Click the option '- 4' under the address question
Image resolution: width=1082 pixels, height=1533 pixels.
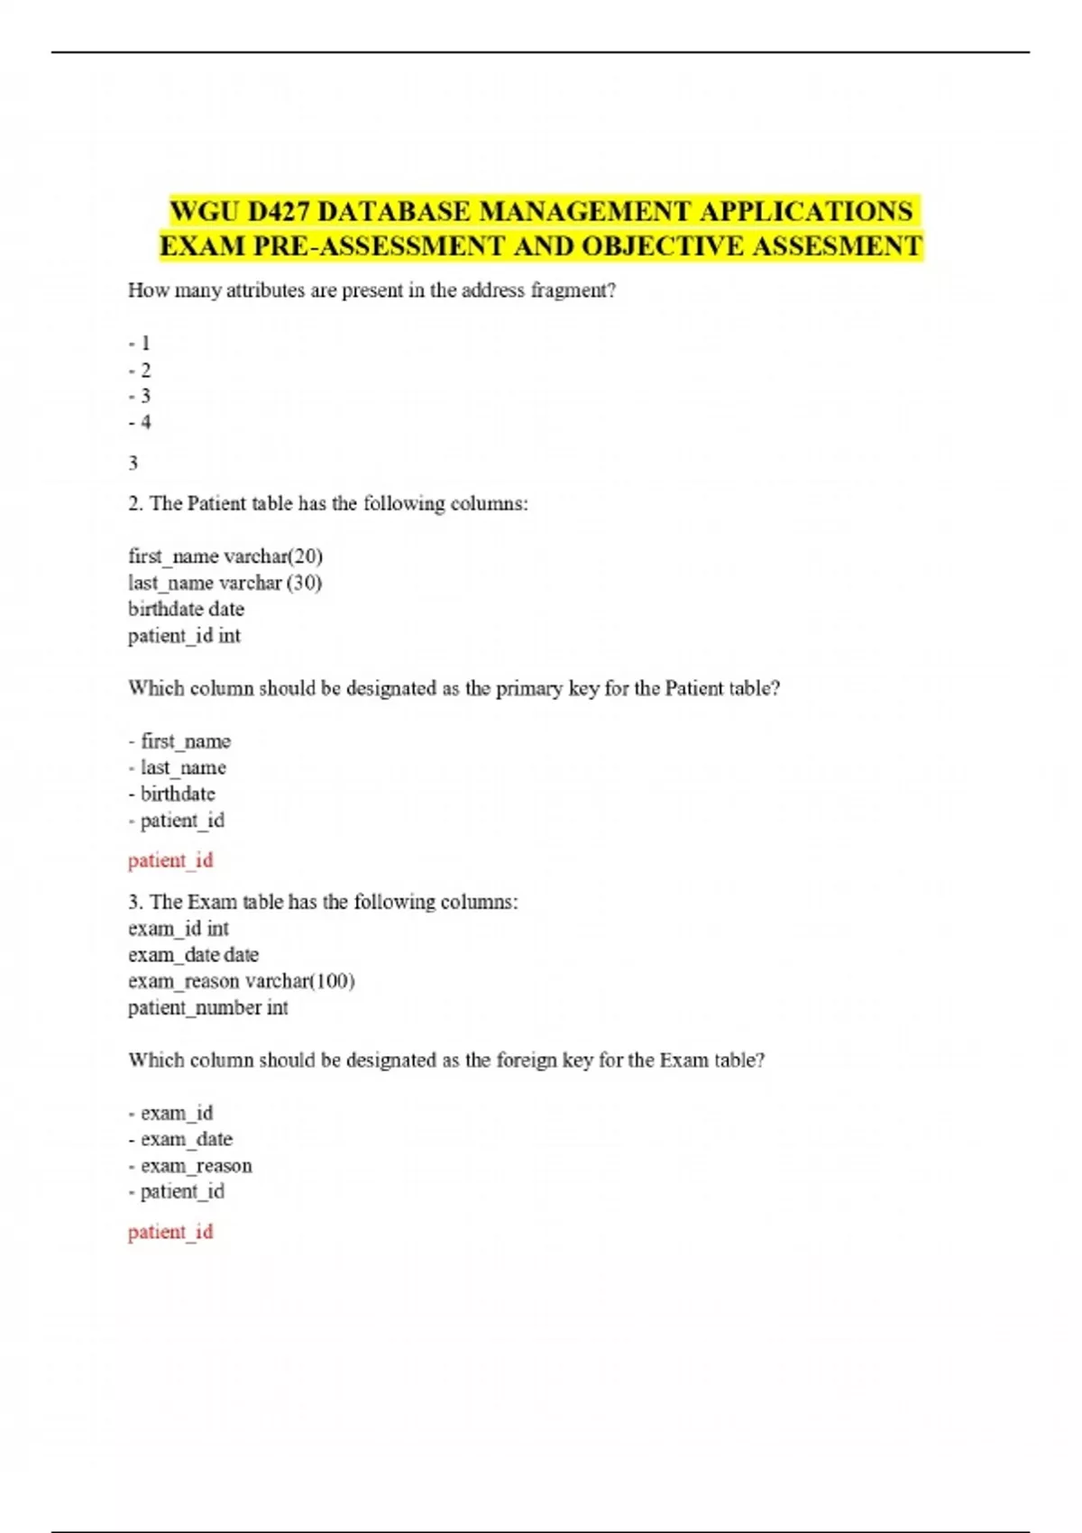(x=140, y=422)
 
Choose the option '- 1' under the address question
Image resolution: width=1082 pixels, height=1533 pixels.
(x=140, y=344)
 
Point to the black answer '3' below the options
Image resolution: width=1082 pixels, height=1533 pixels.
(x=133, y=464)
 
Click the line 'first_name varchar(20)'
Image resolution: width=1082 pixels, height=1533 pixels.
(x=225, y=556)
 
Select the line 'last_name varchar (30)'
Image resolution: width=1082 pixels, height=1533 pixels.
(x=225, y=583)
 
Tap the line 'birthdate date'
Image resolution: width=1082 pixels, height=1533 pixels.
(x=186, y=610)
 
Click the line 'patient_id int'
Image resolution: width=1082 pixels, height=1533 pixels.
(x=184, y=636)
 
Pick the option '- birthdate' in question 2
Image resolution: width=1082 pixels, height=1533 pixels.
(x=172, y=794)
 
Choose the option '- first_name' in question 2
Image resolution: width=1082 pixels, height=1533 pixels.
(x=179, y=741)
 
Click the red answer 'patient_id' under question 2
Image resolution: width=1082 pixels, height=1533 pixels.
(x=170, y=860)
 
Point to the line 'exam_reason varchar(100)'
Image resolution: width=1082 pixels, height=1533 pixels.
(x=241, y=981)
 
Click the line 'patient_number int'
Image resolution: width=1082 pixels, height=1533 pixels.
(x=207, y=1008)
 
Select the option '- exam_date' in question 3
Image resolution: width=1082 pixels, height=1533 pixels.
(x=180, y=1140)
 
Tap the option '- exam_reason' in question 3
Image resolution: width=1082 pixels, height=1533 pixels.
(x=190, y=1166)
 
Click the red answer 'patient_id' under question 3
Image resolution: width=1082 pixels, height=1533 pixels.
(x=170, y=1232)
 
